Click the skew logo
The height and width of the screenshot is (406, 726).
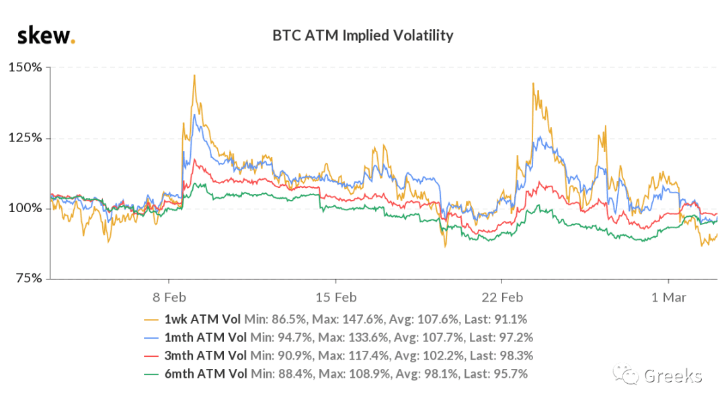(x=46, y=35)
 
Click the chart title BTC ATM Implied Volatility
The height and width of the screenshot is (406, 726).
(x=362, y=35)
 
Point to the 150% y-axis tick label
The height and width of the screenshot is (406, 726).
(x=25, y=67)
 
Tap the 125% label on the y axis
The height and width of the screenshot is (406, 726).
(x=25, y=138)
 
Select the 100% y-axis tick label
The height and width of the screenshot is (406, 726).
(x=25, y=208)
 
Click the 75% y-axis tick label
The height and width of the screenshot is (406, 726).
(x=29, y=278)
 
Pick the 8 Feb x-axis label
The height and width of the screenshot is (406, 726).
(x=169, y=298)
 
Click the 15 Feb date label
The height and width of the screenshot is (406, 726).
(x=336, y=298)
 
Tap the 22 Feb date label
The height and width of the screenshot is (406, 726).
(x=502, y=298)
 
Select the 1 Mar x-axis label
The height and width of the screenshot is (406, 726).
(x=669, y=298)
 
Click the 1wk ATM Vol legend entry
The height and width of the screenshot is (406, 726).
(x=202, y=319)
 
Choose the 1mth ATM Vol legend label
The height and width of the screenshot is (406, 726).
(x=206, y=337)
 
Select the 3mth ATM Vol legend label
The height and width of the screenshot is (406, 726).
(x=206, y=356)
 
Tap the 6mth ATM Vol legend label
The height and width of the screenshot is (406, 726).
(x=206, y=374)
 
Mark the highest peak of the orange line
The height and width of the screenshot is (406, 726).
(x=194, y=75)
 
